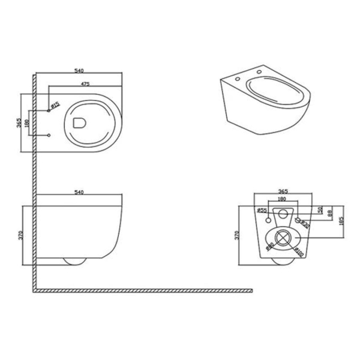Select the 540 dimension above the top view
pyautogui.click(x=79, y=71)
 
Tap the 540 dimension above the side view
pyautogui.click(x=79, y=192)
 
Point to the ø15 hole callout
pyautogui.click(x=55, y=106)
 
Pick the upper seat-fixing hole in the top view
pyautogui.click(x=49, y=112)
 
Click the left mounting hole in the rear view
pyautogui.click(x=268, y=220)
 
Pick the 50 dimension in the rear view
pyautogui.click(x=320, y=211)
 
